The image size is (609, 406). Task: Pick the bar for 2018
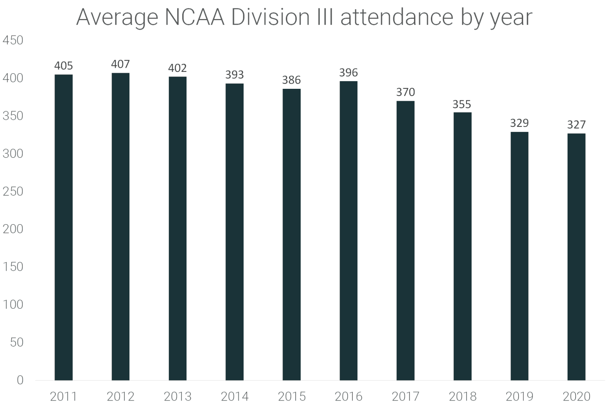click(x=462, y=246)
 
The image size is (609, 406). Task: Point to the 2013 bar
click(x=178, y=228)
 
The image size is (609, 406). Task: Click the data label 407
click(x=121, y=64)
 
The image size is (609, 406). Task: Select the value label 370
click(x=406, y=92)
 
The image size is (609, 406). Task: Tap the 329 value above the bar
click(x=519, y=123)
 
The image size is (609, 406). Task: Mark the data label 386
click(x=291, y=80)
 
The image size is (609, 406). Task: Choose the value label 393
click(x=234, y=75)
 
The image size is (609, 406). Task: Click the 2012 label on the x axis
click(x=121, y=397)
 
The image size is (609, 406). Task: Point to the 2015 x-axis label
click(x=291, y=397)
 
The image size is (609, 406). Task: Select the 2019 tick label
click(x=519, y=397)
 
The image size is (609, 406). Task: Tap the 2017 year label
click(x=406, y=397)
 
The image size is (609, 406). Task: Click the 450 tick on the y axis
click(x=13, y=41)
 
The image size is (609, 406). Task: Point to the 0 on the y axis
click(x=20, y=380)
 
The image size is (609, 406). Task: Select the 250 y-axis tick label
click(x=13, y=192)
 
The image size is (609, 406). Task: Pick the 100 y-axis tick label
click(x=13, y=304)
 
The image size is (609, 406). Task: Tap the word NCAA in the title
click(x=195, y=18)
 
